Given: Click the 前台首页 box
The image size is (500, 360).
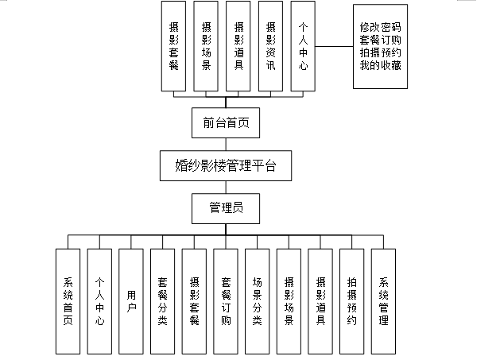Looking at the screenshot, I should click(226, 124).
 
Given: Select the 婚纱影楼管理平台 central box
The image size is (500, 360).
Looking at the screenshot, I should click(226, 166).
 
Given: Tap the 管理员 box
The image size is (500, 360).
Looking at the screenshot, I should click(226, 208).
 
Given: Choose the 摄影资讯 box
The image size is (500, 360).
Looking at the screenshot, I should click(271, 48).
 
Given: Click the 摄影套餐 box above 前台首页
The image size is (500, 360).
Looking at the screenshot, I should click(173, 48).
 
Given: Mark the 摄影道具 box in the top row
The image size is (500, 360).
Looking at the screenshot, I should click(238, 48).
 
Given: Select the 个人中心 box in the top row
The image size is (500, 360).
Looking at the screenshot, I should click(304, 48).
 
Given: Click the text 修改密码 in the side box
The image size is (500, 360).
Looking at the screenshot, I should click(380, 26).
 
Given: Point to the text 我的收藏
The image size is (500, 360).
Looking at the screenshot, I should click(380, 65).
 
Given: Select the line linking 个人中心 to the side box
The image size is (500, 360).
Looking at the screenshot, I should click(335, 45).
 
